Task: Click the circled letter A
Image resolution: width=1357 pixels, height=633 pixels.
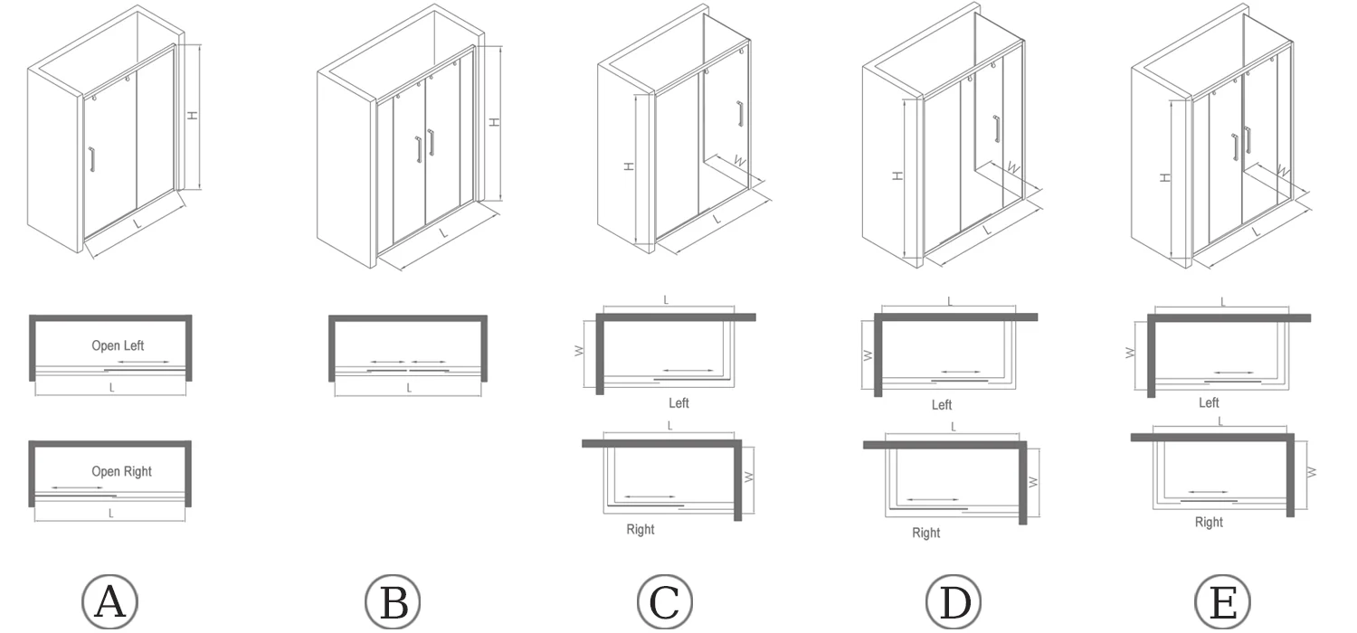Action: pyautogui.click(x=109, y=601)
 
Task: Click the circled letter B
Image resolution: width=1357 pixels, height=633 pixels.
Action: pyautogui.click(x=394, y=601)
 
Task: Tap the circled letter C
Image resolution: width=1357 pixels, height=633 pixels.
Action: pyautogui.click(x=665, y=601)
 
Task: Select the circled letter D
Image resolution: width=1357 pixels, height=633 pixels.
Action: pyautogui.click(x=954, y=601)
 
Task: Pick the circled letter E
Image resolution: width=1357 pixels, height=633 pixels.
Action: pyautogui.click(x=1223, y=601)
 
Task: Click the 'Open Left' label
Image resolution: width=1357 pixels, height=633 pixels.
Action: pyautogui.click(x=118, y=345)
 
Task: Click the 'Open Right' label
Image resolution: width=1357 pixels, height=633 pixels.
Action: pyautogui.click(x=121, y=471)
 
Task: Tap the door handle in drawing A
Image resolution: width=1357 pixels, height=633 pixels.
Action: pyautogui.click(x=92, y=160)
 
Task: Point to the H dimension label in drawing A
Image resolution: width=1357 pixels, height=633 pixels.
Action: pyautogui.click(x=192, y=116)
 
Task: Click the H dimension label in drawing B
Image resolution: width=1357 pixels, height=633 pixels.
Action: pyautogui.click(x=494, y=121)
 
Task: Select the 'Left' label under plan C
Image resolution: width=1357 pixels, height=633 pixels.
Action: pyautogui.click(x=678, y=403)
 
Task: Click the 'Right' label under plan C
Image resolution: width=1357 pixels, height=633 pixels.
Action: pyautogui.click(x=641, y=529)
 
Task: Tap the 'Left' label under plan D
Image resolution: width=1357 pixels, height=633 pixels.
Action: pyautogui.click(x=942, y=404)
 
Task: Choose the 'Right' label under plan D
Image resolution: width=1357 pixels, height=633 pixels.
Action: pyautogui.click(x=925, y=533)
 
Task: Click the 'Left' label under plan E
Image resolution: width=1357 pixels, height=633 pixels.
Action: pyautogui.click(x=1209, y=402)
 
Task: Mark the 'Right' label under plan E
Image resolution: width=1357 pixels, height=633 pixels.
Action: pyautogui.click(x=1209, y=522)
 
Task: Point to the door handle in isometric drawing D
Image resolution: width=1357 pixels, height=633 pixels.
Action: pyautogui.click(x=997, y=130)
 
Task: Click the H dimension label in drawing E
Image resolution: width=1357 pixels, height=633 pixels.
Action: pyautogui.click(x=1165, y=175)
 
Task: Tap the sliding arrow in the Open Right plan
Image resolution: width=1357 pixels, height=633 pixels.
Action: pyautogui.click(x=77, y=488)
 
